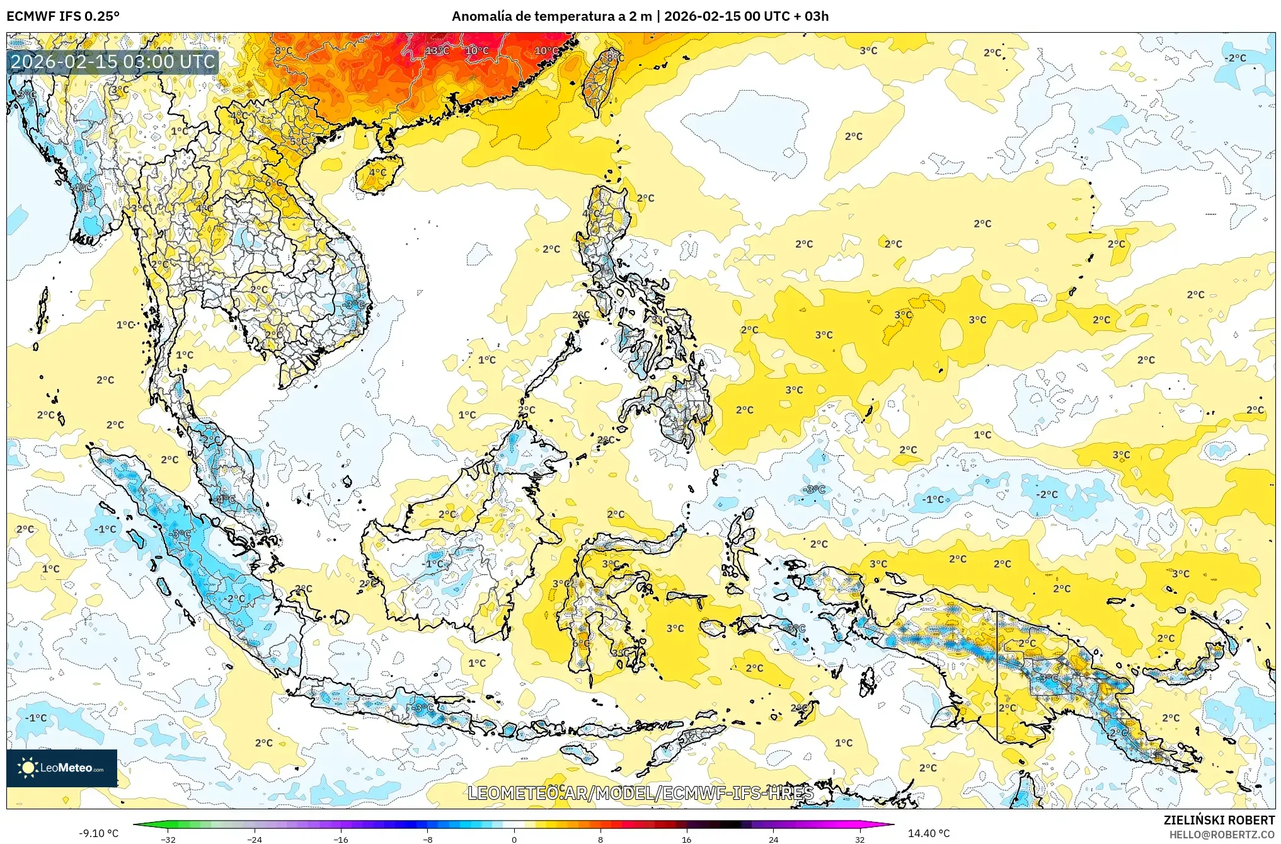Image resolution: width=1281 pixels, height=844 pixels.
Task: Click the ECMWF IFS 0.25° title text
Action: tap(63, 16)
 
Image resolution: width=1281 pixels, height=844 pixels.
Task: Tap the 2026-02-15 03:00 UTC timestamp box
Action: tap(113, 62)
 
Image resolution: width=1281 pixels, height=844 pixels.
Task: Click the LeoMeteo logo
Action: tap(62, 768)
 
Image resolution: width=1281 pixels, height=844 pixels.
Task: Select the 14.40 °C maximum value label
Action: tap(928, 833)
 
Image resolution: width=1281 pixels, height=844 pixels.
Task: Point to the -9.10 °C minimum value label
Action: tap(98, 833)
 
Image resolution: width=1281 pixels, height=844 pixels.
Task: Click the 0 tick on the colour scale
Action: tap(514, 839)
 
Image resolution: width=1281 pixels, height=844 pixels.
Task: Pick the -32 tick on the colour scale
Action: tap(168, 839)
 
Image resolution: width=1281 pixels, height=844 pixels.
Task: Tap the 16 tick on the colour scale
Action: tap(687, 839)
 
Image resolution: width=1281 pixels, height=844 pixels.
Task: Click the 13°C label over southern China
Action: tap(437, 50)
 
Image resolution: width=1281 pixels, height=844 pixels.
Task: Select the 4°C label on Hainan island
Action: tap(377, 172)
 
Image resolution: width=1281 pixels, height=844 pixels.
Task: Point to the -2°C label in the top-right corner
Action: tap(1235, 58)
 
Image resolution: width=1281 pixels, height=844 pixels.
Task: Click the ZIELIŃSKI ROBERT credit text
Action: tap(1219, 820)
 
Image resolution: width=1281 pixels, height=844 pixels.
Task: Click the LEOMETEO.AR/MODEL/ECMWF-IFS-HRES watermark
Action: tap(640, 793)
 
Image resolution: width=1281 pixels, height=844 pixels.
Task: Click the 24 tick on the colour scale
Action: tap(773, 839)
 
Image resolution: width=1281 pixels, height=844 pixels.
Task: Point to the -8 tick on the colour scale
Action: tap(427, 839)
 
